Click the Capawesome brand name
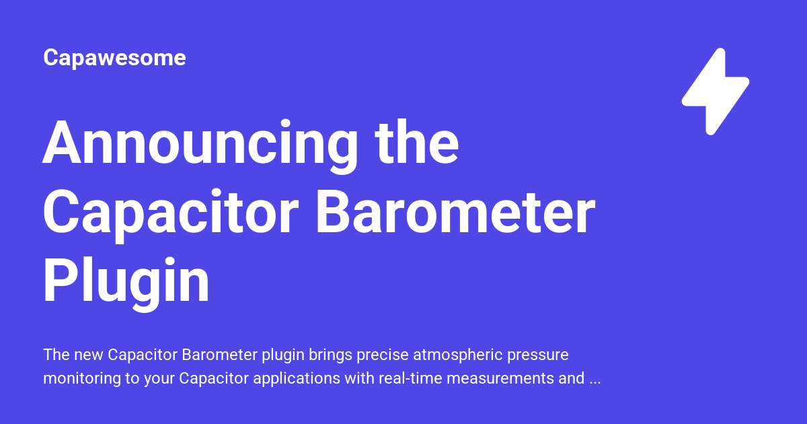(x=114, y=58)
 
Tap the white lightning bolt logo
(x=715, y=92)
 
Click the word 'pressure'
(x=539, y=355)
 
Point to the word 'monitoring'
(x=80, y=378)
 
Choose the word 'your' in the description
(x=159, y=378)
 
